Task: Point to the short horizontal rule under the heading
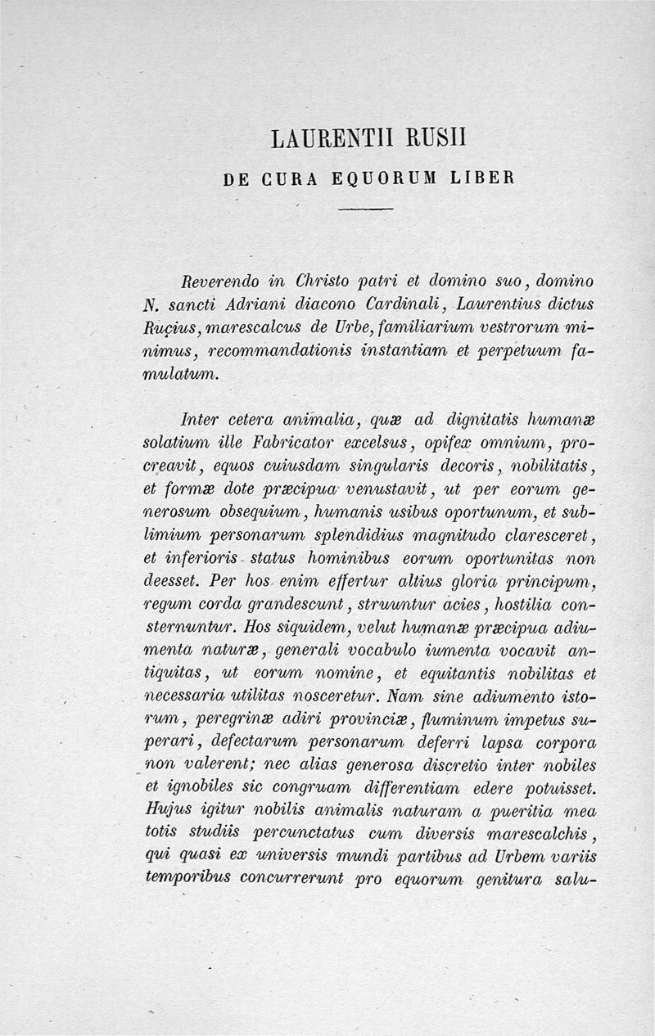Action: [366, 210]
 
